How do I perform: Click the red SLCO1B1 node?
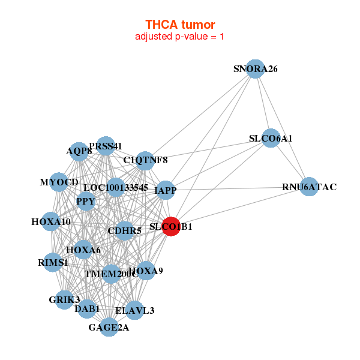[171, 227]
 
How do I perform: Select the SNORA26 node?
[256, 69]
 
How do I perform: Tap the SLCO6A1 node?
[271, 139]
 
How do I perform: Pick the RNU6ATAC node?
[309, 187]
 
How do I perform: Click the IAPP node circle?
[166, 190]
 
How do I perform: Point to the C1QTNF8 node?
[145, 160]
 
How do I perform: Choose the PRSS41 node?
[106, 146]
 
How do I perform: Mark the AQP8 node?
[79, 152]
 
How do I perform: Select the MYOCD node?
[59, 182]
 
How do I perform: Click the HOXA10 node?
[51, 222]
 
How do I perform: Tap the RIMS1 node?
[53, 262]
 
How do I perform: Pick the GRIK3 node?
[65, 299]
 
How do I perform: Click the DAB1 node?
[87, 309]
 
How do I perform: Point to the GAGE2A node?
[109, 328]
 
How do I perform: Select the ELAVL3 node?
[134, 310]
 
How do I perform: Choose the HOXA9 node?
[146, 271]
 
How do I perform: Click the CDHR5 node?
[124, 230]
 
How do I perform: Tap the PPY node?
[86, 202]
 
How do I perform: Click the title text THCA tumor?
[180, 24]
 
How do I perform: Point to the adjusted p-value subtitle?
[180, 37]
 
